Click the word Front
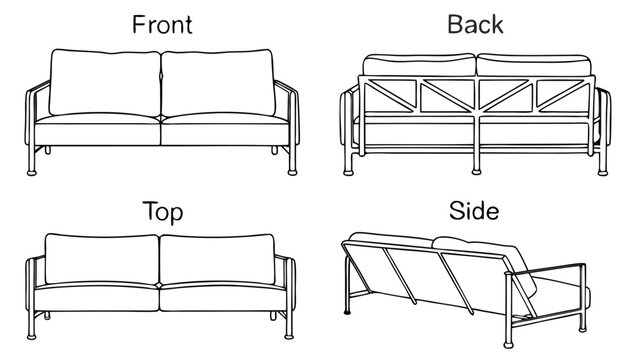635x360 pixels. (162, 24)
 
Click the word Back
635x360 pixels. (475, 24)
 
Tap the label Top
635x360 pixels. (163, 212)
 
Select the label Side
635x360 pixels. (474, 211)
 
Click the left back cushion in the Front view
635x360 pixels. (105, 82)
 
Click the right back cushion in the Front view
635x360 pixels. (218, 82)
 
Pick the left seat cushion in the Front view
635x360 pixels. (97, 130)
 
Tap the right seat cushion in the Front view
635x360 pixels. (225, 130)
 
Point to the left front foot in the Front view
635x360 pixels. (31, 173)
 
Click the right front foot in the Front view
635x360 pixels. (292, 173)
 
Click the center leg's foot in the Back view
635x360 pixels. (476, 172)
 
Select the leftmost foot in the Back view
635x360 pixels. (348, 173)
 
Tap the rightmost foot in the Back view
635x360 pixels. (603, 173)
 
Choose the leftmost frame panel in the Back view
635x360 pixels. (389, 96)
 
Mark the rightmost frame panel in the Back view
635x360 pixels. (563, 96)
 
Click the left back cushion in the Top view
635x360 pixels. (102, 259)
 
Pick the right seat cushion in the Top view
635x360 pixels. (223, 297)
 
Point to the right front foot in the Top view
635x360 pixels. (289, 337)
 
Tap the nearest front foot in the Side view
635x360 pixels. (508, 345)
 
